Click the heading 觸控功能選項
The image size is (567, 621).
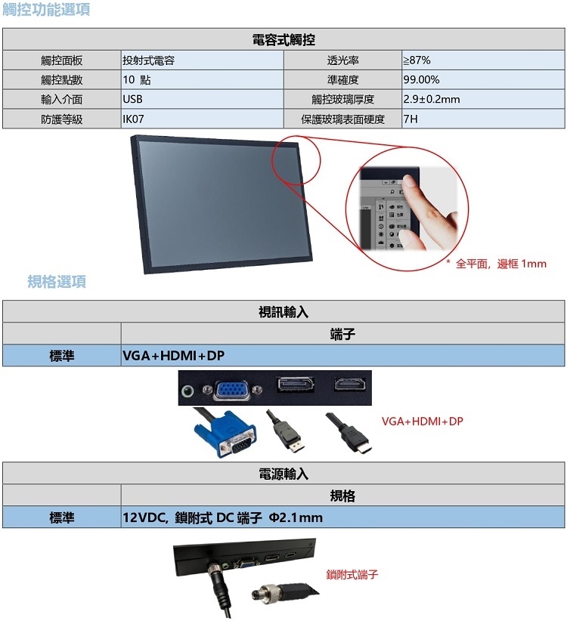pos(46,9)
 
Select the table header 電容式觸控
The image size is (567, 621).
pos(283,39)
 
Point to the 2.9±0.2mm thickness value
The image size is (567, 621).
pos(432,99)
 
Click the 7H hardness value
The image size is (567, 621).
pos(411,119)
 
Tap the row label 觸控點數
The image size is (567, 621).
pos(62,79)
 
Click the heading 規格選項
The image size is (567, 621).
pos(57,282)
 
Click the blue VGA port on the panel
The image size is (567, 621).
pos(231,389)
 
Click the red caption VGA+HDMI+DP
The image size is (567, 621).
pos(423,421)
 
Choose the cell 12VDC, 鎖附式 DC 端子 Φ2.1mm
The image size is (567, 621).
pos(222,517)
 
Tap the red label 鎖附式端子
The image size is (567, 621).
pos(352,574)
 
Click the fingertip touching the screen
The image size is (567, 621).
pos(409,182)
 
